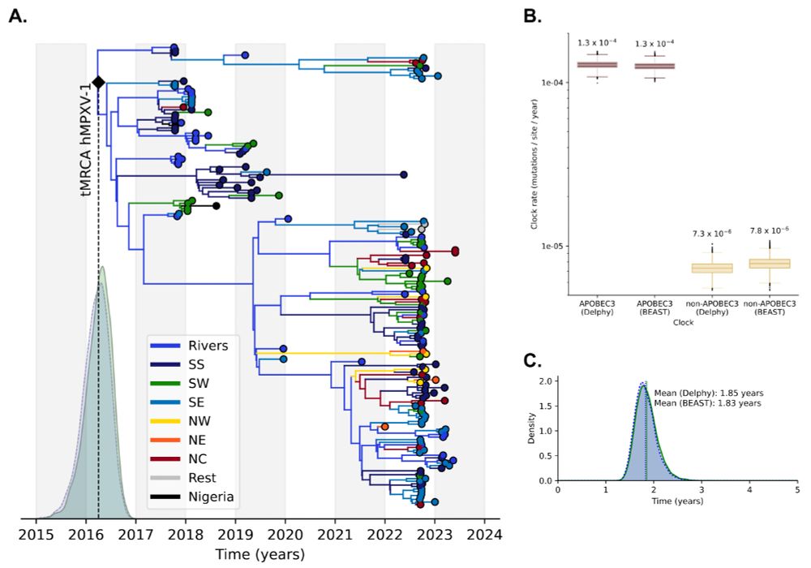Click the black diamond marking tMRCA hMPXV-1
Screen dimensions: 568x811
[x=98, y=82]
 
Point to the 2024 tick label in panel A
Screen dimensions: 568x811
[x=485, y=536]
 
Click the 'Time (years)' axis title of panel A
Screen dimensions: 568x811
[x=260, y=555]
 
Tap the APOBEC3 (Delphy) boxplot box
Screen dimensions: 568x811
[x=597, y=64]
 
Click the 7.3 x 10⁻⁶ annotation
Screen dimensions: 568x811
[x=712, y=234]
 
